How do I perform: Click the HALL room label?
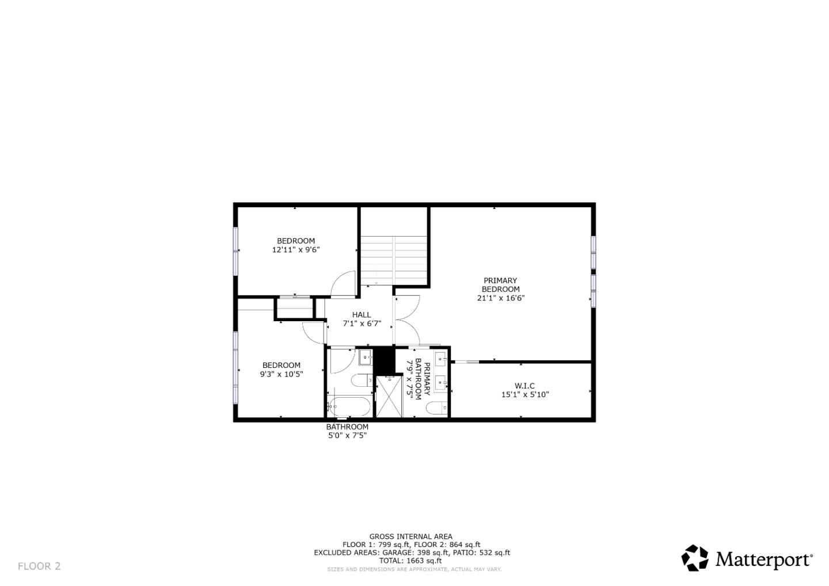coord(362,315)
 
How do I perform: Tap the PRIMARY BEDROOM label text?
coord(500,285)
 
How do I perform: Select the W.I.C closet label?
coord(524,386)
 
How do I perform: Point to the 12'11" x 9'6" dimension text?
coord(296,250)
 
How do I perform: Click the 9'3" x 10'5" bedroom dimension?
coord(282,374)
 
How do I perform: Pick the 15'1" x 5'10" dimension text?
coord(525,395)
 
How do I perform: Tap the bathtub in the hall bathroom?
coord(349,406)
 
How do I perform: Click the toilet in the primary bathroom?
coord(435,408)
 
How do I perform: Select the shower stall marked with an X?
coord(389,397)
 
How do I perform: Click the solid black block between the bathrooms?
coord(383,360)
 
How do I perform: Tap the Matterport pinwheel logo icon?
coord(695,558)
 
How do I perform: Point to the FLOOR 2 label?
coord(39,566)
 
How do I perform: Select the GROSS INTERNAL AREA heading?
coord(410,536)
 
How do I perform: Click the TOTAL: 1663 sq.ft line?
coord(410,561)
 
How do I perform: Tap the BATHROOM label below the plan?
coord(347,427)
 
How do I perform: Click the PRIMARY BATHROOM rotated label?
coord(419,380)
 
